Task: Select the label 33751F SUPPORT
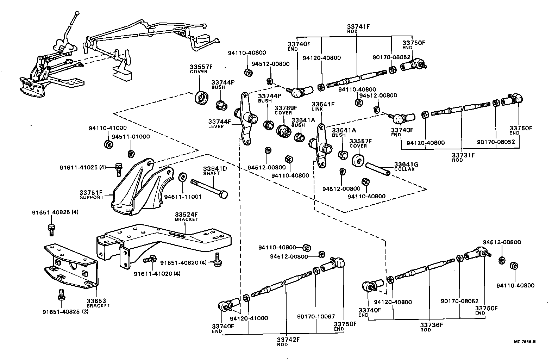[91, 194]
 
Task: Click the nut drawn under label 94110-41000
[108, 144]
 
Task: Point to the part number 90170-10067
[316, 317]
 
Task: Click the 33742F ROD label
[288, 342]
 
